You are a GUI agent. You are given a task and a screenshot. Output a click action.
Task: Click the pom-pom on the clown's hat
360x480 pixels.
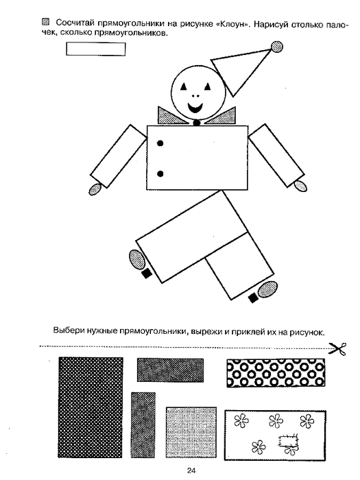click(x=277, y=47)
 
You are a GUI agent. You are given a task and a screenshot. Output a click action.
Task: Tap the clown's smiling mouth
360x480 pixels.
click(x=195, y=108)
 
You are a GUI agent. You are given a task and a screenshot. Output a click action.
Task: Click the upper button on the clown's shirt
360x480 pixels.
click(x=160, y=143)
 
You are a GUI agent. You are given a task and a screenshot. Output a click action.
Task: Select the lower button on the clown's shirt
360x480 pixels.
click(x=160, y=174)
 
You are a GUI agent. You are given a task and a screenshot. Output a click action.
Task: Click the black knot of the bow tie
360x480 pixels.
click(x=197, y=123)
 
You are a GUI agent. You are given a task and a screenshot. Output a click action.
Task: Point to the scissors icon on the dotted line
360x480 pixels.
click(x=337, y=349)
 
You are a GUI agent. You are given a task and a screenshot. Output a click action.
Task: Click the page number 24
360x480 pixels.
click(x=191, y=470)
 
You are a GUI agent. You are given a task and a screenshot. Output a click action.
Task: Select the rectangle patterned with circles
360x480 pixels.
click(x=276, y=373)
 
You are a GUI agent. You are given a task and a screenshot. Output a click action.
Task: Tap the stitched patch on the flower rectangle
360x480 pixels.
click(x=288, y=441)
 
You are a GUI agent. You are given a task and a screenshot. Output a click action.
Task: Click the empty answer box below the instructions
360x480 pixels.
click(x=96, y=49)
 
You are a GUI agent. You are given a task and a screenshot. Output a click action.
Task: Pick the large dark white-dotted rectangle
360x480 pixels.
click(x=91, y=407)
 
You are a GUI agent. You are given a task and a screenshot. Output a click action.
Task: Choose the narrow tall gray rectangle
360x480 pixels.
click(x=143, y=425)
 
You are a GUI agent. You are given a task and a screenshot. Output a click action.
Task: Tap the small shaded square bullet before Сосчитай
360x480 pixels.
click(x=46, y=22)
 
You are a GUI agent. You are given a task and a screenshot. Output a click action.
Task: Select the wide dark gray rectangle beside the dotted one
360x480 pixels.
click(x=170, y=370)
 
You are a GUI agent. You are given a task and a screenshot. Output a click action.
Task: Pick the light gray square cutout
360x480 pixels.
click(x=191, y=432)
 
